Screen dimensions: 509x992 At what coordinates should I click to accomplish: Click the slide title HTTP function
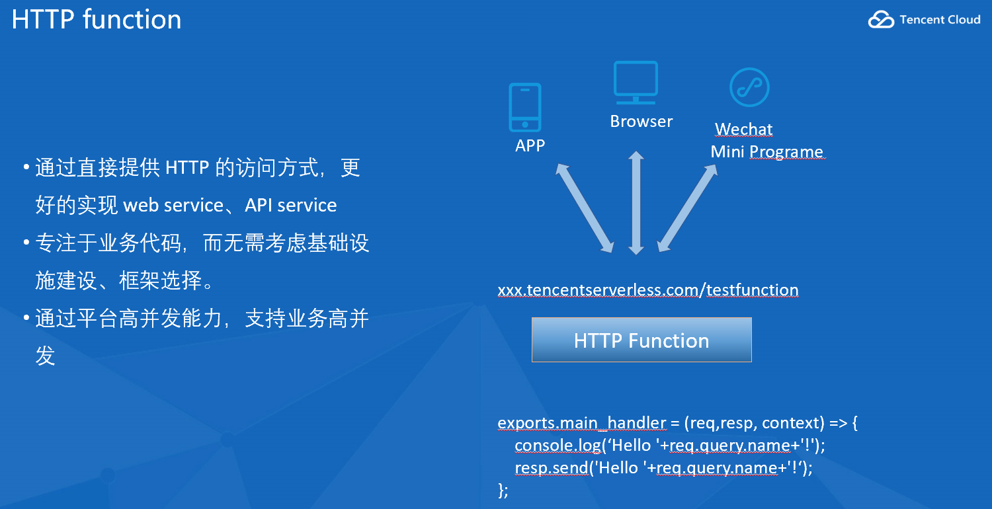click(97, 19)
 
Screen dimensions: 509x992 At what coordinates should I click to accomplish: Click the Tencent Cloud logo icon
click(881, 20)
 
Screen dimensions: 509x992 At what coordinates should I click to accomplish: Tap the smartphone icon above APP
click(525, 107)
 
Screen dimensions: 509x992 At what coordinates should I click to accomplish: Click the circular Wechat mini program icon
click(749, 87)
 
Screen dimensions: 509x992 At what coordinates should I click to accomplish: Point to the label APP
click(530, 145)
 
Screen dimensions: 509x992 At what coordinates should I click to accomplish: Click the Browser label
click(641, 122)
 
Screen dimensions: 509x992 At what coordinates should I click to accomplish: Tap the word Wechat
click(743, 130)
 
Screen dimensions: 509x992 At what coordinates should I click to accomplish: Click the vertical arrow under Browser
click(636, 202)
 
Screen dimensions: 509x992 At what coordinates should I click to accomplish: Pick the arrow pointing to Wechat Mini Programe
click(688, 208)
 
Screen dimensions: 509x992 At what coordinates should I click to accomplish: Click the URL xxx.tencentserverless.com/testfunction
click(647, 290)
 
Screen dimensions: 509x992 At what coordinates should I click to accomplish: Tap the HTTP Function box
click(641, 340)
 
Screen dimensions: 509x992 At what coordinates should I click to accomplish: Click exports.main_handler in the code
click(581, 423)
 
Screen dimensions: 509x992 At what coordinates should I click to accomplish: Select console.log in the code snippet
click(557, 446)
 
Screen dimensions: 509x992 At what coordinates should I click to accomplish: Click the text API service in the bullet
click(291, 206)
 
